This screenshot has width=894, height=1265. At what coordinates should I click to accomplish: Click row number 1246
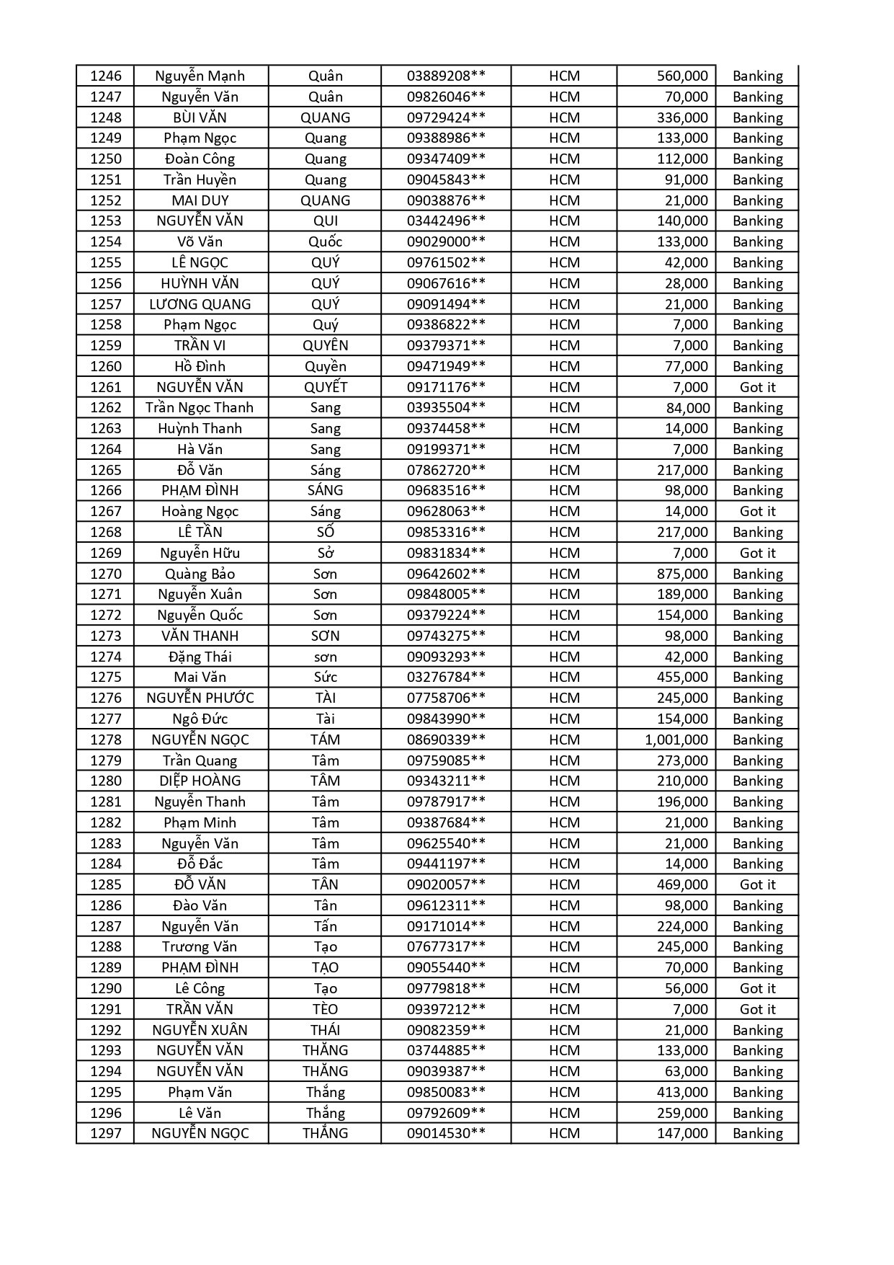(106, 76)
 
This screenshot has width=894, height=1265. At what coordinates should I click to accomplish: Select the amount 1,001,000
(676, 740)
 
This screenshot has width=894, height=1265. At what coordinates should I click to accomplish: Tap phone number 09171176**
(446, 387)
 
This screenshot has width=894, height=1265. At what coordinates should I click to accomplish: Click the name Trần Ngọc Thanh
(200, 407)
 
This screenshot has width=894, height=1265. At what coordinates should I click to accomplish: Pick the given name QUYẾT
(326, 387)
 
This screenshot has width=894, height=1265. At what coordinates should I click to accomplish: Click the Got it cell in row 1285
(757, 884)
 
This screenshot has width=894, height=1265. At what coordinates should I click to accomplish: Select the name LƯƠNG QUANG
(200, 304)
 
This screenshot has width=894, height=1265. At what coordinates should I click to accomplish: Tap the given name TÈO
(326, 1009)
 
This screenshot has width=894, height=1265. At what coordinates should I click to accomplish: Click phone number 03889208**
(446, 76)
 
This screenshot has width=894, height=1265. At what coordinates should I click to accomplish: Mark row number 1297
(106, 1133)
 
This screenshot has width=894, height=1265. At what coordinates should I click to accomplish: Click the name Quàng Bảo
(200, 574)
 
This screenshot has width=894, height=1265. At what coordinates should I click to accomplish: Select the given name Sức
(326, 677)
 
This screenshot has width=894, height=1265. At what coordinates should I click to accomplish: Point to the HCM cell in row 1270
(564, 574)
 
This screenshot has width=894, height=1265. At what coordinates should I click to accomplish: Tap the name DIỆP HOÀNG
(200, 781)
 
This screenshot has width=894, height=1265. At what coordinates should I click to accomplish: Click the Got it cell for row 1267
(757, 511)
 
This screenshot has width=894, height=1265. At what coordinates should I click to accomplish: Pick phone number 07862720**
(446, 470)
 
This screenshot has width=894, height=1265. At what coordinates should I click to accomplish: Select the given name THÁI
(326, 1030)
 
